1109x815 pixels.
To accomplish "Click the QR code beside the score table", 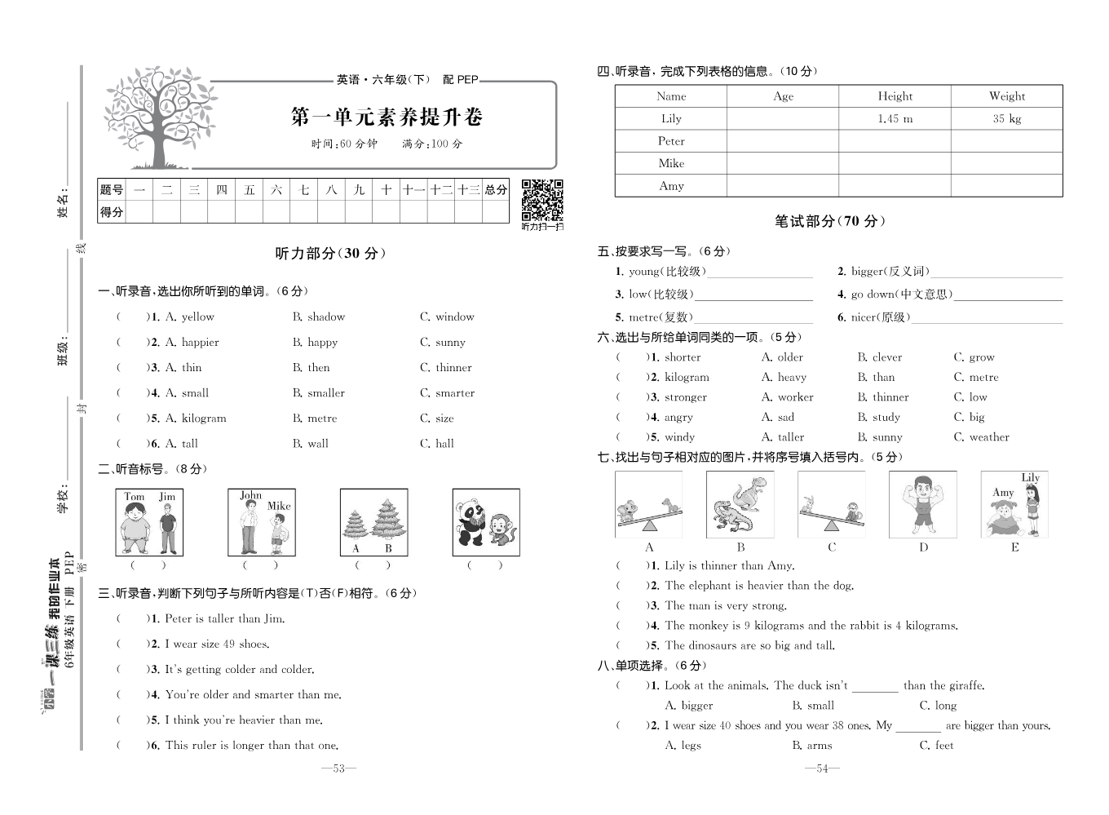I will click(x=542, y=199).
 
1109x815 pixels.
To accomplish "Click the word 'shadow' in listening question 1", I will click(x=326, y=317).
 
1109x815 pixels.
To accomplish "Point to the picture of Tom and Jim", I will click(x=149, y=522).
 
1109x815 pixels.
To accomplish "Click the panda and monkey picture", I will click(x=485, y=522).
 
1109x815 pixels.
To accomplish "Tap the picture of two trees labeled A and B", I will click(x=373, y=522).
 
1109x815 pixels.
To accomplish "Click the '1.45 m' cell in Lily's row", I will click(x=895, y=118).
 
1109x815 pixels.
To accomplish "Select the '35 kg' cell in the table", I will click(x=1006, y=118).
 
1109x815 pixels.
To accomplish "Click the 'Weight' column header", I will click(x=1006, y=95).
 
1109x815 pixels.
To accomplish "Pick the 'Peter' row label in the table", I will click(x=671, y=140).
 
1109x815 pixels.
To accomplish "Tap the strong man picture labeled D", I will click(x=922, y=504).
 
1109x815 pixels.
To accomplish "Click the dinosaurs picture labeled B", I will click(x=740, y=504).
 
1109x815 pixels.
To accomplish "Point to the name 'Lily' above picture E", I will click(x=1030, y=477).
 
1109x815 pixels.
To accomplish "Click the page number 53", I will click(x=339, y=768).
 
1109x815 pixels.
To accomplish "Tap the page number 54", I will click(x=822, y=768).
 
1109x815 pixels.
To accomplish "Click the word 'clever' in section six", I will click(x=886, y=357).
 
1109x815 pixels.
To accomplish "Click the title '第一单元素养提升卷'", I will click(x=387, y=117).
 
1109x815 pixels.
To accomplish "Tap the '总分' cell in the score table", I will click(x=496, y=189).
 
